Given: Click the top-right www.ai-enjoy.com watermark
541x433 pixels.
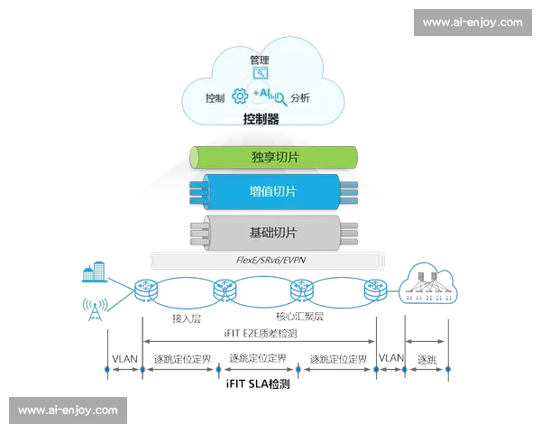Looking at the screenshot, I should point(472,22).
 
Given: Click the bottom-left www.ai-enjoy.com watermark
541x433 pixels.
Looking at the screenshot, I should point(68,410).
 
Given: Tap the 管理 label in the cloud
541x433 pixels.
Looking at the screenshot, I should point(261,59).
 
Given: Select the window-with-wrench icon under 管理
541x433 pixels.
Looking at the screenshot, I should point(261,74).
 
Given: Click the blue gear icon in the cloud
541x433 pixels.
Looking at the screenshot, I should point(240,97).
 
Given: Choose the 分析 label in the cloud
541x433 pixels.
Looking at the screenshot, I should point(300,97).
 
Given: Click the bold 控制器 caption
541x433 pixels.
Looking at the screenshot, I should point(261,119).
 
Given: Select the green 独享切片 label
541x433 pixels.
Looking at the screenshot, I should point(275,157).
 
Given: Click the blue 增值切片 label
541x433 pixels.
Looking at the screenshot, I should point(273,192).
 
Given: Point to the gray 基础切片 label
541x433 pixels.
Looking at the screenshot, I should point(272,232).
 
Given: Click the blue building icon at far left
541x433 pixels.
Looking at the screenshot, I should point(92,270).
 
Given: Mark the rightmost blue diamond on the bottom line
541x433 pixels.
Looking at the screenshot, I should point(448,369).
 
